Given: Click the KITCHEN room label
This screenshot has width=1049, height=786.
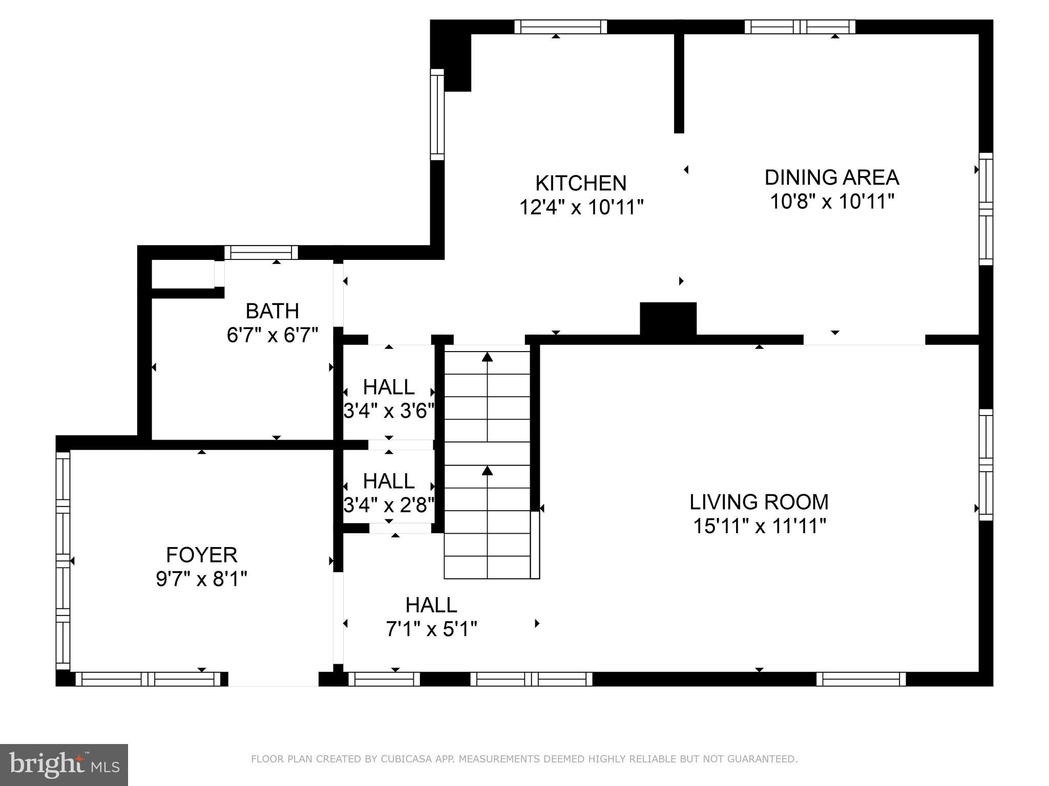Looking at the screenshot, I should pos(580,183).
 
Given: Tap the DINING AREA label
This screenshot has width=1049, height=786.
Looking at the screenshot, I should pos(831,178).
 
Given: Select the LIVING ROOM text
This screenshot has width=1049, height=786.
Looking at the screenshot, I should pos(759,502).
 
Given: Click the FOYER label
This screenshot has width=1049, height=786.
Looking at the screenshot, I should pos(201,555).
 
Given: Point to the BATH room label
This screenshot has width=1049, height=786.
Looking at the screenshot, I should pos(272,311).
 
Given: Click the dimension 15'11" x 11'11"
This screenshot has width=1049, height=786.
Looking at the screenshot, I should pos(759,526).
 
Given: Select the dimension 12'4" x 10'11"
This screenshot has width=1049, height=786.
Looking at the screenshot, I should pos(581,207).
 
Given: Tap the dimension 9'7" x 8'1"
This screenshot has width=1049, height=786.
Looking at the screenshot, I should pos(201,579).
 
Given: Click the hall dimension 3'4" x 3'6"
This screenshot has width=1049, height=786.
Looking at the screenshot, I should pos(389,411).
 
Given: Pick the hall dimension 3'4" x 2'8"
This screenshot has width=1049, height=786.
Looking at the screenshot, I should pos(389,505).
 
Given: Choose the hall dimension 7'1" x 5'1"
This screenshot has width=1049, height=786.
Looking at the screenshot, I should pos(431,629).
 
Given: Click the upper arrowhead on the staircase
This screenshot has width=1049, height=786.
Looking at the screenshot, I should pos(487,357).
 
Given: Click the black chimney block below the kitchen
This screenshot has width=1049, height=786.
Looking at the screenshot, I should pos(668,318).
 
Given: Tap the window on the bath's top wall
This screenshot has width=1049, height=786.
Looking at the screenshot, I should pos(261,253).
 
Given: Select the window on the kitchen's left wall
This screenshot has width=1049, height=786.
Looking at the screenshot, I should pos(437,115).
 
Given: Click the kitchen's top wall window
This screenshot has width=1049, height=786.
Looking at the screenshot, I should pos(560,27).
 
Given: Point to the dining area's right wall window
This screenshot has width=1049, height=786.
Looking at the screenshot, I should pos(985,209).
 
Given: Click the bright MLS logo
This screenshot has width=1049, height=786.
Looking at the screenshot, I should pos(64,765).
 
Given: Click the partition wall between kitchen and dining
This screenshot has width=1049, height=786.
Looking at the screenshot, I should pos(679,82).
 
